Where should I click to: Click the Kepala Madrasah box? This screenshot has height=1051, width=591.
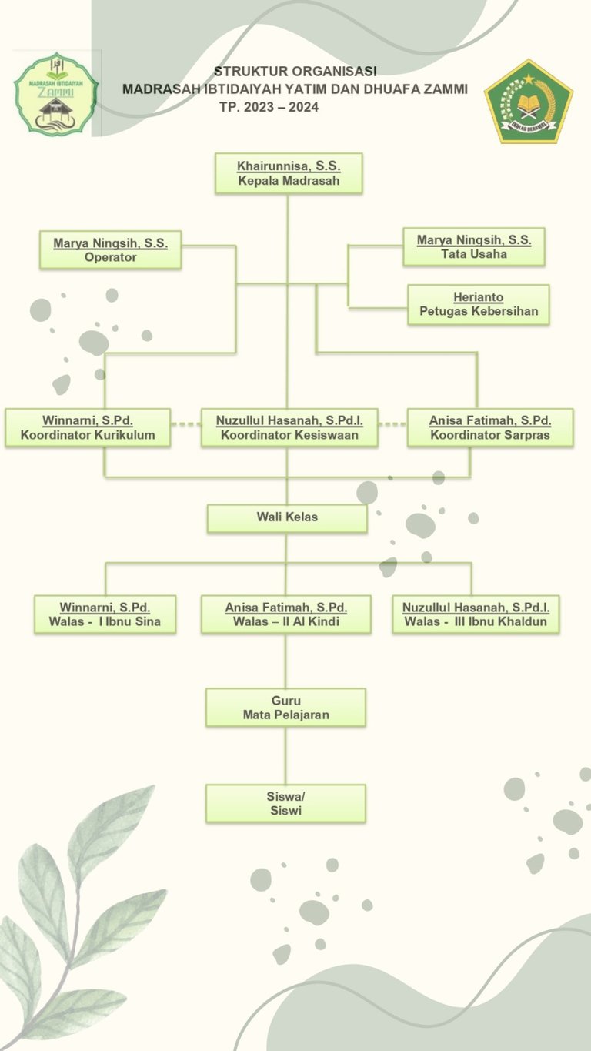click(289, 174)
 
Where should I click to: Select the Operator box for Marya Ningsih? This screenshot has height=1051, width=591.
click(110, 250)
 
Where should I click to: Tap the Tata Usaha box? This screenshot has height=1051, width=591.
click(474, 247)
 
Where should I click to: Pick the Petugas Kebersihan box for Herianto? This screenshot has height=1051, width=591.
click(479, 305)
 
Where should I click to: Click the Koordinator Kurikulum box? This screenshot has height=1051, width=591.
click(88, 427)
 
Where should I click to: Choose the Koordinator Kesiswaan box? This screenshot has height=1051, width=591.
click(289, 427)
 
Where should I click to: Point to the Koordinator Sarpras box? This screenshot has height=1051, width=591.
click(490, 427)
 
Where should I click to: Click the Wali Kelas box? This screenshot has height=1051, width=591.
click(287, 517)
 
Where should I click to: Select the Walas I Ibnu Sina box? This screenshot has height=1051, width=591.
click(105, 614)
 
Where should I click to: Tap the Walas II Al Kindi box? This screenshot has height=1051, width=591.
click(286, 614)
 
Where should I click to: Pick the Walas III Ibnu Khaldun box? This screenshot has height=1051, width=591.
click(476, 614)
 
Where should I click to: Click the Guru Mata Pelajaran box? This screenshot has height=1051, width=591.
click(285, 708)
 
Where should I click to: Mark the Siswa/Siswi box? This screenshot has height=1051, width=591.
click(285, 804)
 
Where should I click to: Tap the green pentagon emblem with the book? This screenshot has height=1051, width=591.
click(529, 102)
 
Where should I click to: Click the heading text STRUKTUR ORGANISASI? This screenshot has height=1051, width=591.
click(295, 71)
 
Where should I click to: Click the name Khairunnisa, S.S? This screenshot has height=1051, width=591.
click(289, 166)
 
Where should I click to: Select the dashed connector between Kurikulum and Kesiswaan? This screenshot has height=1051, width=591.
click(185, 424)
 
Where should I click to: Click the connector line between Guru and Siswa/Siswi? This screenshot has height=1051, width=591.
click(285, 755)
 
